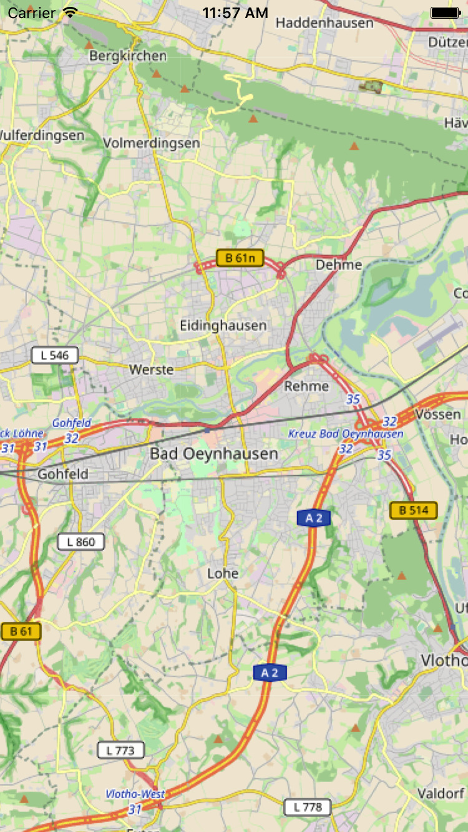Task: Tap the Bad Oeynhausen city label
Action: [x=213, y=453]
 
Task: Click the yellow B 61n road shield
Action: [x=240, y=258]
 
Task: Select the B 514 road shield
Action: [x=413, y=510]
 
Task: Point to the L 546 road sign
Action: [x=54, y=356]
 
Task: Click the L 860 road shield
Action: [x=81, y=541]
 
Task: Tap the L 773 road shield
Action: [x=120, y=750]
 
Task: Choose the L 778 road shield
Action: [x=308, y=807]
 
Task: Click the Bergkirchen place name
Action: [x=128, y=56]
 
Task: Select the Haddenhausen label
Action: [x=324, y=23]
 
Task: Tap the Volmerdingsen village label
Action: [x=151, y=143]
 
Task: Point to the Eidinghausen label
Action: [x=223, y=325]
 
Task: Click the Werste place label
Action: [x=151, y=370]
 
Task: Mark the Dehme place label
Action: [x=339, y=264]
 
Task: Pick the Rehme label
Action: [x=306, y=386]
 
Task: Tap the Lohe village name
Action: [x=223, y=573]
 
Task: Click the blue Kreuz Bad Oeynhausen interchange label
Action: [x=346, y=433]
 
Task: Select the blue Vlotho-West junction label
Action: [x=135, y=794]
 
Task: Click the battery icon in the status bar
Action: [x=444, y=12]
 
